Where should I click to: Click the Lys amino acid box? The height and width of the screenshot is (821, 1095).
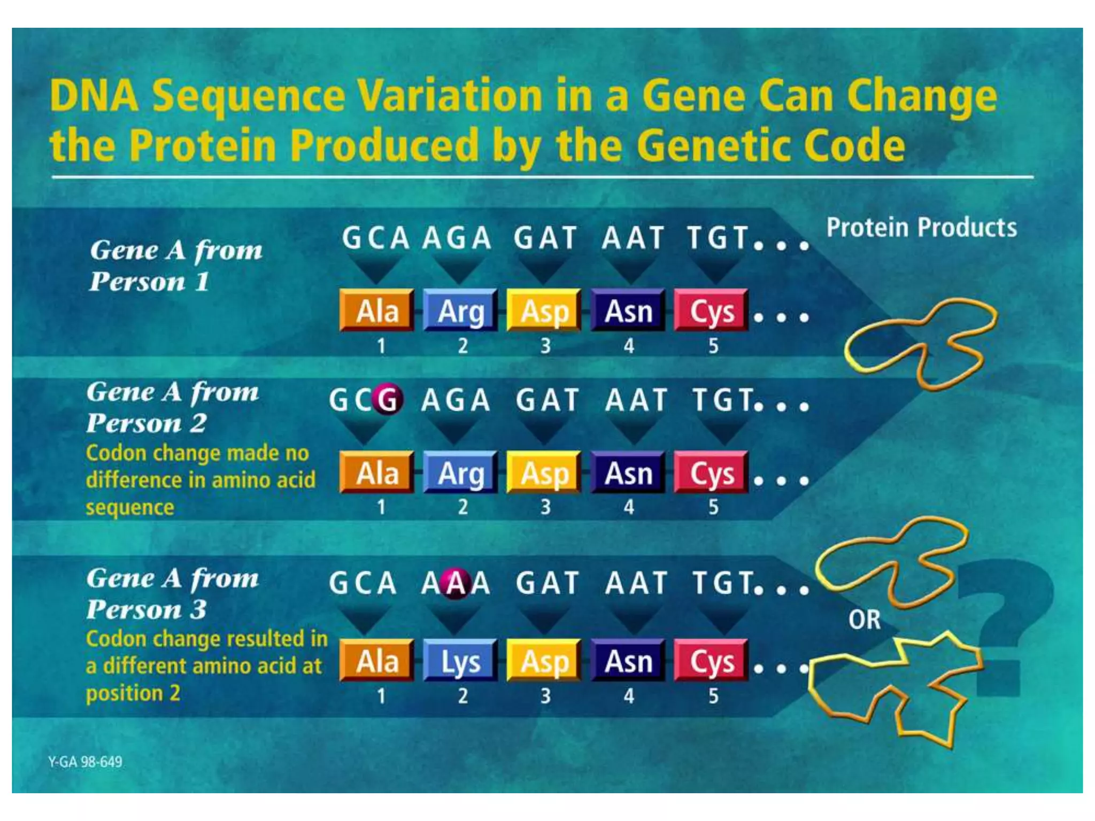[x=460, y=662]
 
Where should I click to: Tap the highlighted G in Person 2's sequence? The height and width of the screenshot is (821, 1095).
[x=388, y=399]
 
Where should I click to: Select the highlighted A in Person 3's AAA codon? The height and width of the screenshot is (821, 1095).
[x=456, y=583]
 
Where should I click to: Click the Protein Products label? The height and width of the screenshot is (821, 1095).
[x=921, y=227]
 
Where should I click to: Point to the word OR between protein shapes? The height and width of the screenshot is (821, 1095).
[x=864, y=619]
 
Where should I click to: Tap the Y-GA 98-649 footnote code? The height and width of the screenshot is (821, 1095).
[x=85, y=762]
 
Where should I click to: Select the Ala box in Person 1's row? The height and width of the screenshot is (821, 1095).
[x=377, y=311]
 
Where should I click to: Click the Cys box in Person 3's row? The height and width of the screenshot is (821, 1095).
[x=711, y=662]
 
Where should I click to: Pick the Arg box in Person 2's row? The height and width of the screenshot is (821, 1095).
[x=460, y=473]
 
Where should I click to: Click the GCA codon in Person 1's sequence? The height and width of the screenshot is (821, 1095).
[x=376, y=238]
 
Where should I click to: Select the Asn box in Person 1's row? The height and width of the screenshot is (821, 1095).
[x=628, y=311]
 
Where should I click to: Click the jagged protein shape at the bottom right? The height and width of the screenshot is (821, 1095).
[x=893, y=690]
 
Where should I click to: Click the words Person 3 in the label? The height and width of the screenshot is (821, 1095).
[x=146, y=610]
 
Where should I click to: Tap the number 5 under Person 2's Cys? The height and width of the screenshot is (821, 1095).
[x=713, y=507]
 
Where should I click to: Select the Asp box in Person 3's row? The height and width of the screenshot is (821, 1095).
[x=544, y=662]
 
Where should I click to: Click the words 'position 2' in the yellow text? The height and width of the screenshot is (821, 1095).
[x=133, y=693]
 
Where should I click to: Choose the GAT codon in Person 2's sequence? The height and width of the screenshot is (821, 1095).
[x=547, y=400]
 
